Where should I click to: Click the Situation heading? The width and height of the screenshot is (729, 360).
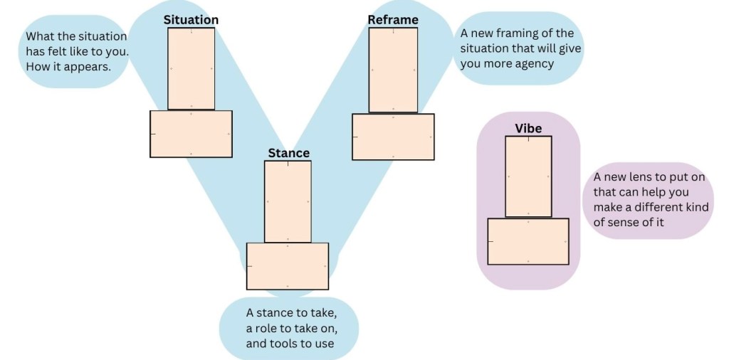pyautogui.click(x=191, y=20)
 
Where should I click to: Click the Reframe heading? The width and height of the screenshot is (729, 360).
pyautogui.click(x=393, y=20)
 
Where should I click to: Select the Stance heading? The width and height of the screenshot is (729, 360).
pyautogui.click(x=288, y=153)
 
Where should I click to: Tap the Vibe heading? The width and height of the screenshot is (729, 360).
pyautogui.click(x=528, y=128)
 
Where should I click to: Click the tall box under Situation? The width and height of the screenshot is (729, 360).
pyautogui.click(x=191, y=68)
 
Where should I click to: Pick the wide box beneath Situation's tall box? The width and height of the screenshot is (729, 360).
pyautogui.click(x=191, y=134)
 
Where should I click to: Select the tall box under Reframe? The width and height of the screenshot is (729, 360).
pyautogui.click(x=393, y=70)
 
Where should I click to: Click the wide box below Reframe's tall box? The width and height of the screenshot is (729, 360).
pyautogui.click(x=393, y=137)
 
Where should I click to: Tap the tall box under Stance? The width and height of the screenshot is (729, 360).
pyautogui.click(x=288, y=201)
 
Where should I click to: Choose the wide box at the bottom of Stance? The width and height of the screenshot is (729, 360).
pyautogui.click(x=288, y=266)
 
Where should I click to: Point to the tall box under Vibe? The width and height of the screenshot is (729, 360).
pyautogui.click(x=528, y=176)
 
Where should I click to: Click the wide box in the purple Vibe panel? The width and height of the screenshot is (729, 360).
pyautogui.click(x=528, y=241)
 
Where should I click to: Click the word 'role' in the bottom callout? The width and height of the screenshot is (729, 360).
pyautogui.click(x=268, y=329)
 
